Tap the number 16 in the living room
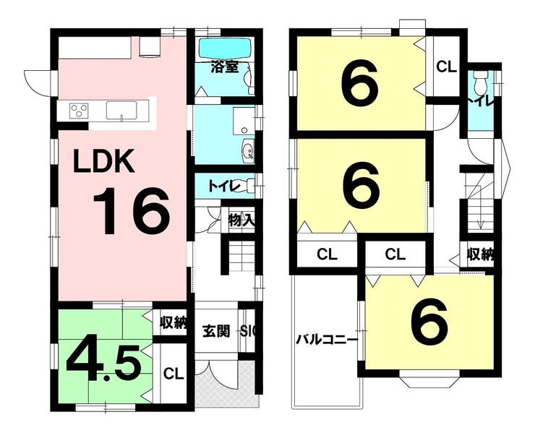[x=132, y=211]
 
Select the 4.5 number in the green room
[x=103, y=363]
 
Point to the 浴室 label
[x=224, y=67]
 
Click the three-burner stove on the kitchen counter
[x=79, y=111]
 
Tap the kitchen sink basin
[x=121, y=110]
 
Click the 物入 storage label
[x=241, y=220]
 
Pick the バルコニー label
[x=327, y=340]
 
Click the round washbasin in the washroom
[x=248, y=150]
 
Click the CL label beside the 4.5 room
[x=174, y=374]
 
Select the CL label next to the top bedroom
[x=446, y=67]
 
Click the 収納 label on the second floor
[x=480, y=254]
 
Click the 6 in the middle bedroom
[x=361, y=184]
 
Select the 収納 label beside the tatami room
[x=174, y=322]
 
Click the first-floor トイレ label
[x=225, y=187]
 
